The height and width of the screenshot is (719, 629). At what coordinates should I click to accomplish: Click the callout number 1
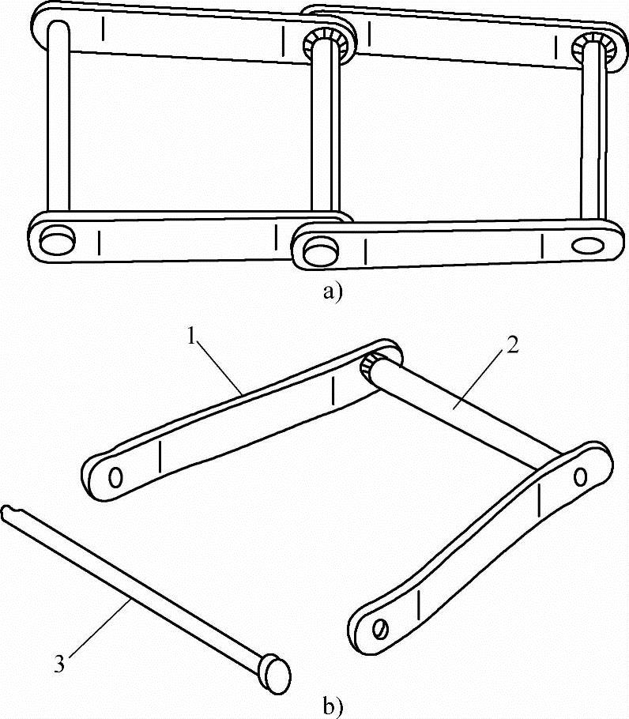[x=193, y=337]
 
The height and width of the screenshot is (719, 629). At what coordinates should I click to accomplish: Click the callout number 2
[x=512, y=344]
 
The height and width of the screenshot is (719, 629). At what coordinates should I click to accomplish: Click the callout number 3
[x=59, y=664]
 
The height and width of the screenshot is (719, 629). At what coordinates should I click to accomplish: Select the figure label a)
[x=333, y=292]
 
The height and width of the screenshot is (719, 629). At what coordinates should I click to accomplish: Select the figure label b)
[x=333, y=706]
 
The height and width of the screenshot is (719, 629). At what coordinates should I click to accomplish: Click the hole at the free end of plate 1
[x=115, y=478]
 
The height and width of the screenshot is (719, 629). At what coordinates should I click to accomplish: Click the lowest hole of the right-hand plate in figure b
[x=381, y=629]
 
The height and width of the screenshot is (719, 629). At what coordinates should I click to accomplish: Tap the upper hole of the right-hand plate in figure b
[x=581, y=477]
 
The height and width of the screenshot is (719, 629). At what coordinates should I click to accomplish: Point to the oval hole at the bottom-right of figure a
[x=588, y=245]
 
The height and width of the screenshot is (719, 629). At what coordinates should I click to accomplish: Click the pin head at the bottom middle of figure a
[x=321, y=250]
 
